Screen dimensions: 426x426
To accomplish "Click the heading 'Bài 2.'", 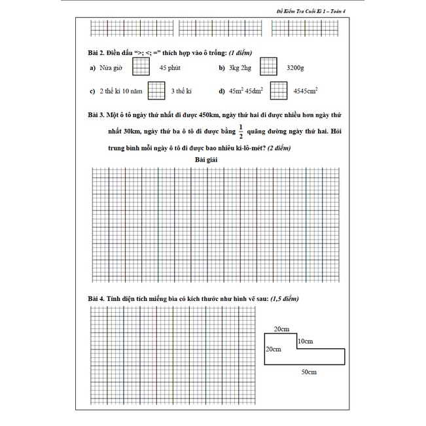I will click(98, 52).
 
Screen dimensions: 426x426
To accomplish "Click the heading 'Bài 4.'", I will click(98, 298).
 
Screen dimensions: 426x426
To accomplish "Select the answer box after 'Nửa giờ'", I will click(141, 67).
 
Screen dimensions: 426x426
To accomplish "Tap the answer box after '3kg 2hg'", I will click(268, 67).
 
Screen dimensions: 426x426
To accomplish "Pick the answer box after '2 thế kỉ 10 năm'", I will click(156, 91).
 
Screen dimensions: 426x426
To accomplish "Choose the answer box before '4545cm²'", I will click(279, 91).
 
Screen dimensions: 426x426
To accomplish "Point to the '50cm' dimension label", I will click(309, 372).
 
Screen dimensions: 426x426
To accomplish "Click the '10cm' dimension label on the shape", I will click(305, 341).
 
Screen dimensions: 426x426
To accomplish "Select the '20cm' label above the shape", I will click(282, 328).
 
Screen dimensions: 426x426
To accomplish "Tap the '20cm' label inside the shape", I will click(273, 349).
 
